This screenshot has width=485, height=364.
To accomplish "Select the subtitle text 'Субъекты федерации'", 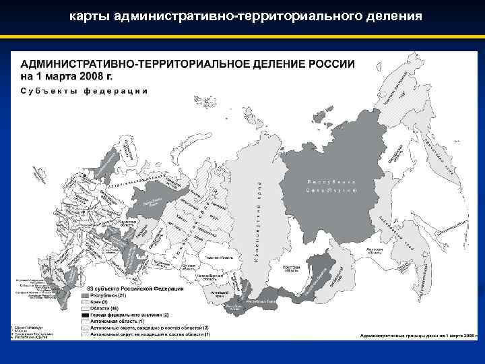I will (84, 90).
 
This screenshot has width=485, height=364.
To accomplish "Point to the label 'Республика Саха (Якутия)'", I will (331, 186).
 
